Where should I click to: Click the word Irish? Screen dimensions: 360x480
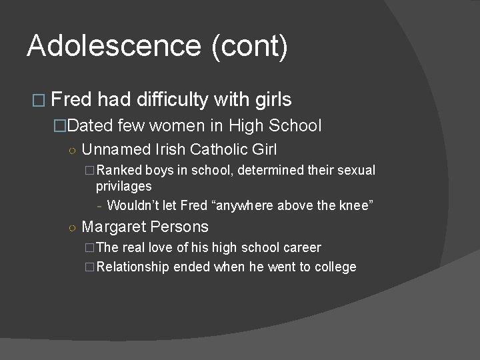pyautogui.click(x=169, y=149)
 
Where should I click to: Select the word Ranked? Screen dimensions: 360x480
pyautogui.click(x=119, y=171)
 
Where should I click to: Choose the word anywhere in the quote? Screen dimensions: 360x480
pyautogui.click(x=246, y=205)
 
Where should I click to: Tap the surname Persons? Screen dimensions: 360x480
pyautogui.click(x=178, y=227)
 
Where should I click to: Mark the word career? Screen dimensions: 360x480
pyautogui.click(x=298, y=248)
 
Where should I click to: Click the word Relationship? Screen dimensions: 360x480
pyautogui.click(x=134, y=267)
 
